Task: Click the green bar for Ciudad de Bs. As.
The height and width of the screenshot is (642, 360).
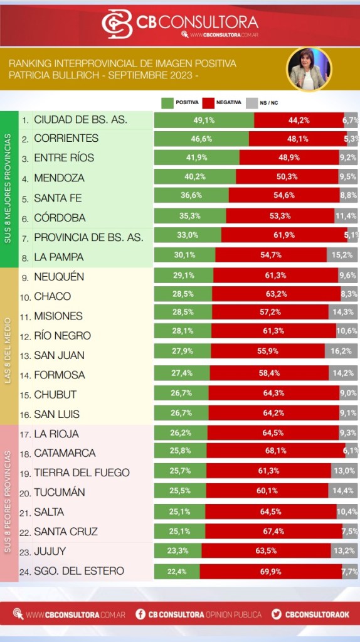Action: point(204,120)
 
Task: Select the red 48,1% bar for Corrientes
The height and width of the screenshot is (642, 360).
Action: point(298,139)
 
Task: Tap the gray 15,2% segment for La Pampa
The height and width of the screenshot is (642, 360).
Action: point(342,255)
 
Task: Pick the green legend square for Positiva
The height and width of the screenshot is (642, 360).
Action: point(167,103)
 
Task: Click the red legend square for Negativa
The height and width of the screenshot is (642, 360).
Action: point(208,103)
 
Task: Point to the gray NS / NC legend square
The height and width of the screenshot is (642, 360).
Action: point(251,103)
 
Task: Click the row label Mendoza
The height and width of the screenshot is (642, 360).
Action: point(59,178)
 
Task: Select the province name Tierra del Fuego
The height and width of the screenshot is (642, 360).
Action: point(82,473)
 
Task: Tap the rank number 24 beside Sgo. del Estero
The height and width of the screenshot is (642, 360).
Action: point(25,572)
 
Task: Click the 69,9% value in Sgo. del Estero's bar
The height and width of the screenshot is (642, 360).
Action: point(270,572)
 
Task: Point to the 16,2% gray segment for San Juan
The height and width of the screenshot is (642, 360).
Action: point(341,351)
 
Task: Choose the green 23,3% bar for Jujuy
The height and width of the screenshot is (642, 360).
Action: point(178,551)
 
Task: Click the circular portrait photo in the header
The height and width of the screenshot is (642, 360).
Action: point(309,70)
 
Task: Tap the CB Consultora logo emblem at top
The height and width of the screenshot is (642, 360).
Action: point(117,24)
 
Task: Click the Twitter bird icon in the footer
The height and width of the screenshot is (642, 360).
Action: point(277,614)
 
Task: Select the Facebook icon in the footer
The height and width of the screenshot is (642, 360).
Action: point(140,614)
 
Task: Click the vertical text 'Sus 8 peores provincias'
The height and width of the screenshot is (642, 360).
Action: point(8,502)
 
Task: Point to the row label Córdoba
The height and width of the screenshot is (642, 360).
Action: point(60,218)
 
